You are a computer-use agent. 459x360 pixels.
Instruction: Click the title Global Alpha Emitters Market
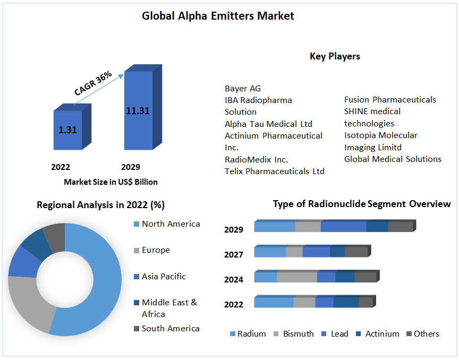(x=218, y=16)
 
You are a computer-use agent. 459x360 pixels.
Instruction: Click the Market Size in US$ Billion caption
(x=110, y=182)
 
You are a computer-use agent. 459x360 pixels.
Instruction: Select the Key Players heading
(x=335, y=56)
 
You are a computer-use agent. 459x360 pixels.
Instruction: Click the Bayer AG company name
(x=243, y=88)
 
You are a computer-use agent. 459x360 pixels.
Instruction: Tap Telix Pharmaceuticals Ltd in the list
(x=274, y=171)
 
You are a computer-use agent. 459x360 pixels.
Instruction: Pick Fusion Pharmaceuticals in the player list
(x=390, y=100)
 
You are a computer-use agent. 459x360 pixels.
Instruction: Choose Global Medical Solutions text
(x=393, y=159)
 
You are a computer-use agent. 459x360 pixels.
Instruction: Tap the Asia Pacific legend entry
(x=164, y=277)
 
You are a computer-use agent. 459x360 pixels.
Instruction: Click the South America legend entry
(x=171, y=329)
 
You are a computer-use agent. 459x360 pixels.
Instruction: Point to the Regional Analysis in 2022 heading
(x=100, y=205)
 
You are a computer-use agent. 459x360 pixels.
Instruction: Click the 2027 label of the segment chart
(x=234, y=255)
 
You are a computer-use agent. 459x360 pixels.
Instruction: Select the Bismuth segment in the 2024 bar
(x=296, y=277)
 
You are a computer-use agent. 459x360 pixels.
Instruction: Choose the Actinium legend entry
(x=382, y=334)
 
